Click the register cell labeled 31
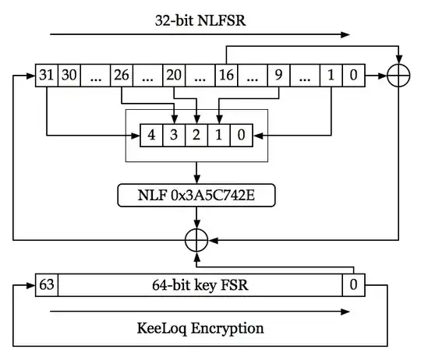point(46,76)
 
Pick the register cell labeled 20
point(174,76)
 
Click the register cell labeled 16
point(225,76)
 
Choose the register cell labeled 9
point(277,76)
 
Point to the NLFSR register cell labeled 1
point(330,76)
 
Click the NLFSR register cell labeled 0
point(354,76)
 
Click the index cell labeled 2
point(197,135)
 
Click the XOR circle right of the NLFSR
point(398,76)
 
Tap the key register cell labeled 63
point(46,285)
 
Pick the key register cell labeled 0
point(353,285)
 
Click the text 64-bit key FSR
point(200,285)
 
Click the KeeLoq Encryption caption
point(199,328)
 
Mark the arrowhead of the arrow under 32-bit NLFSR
point(346,34)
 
